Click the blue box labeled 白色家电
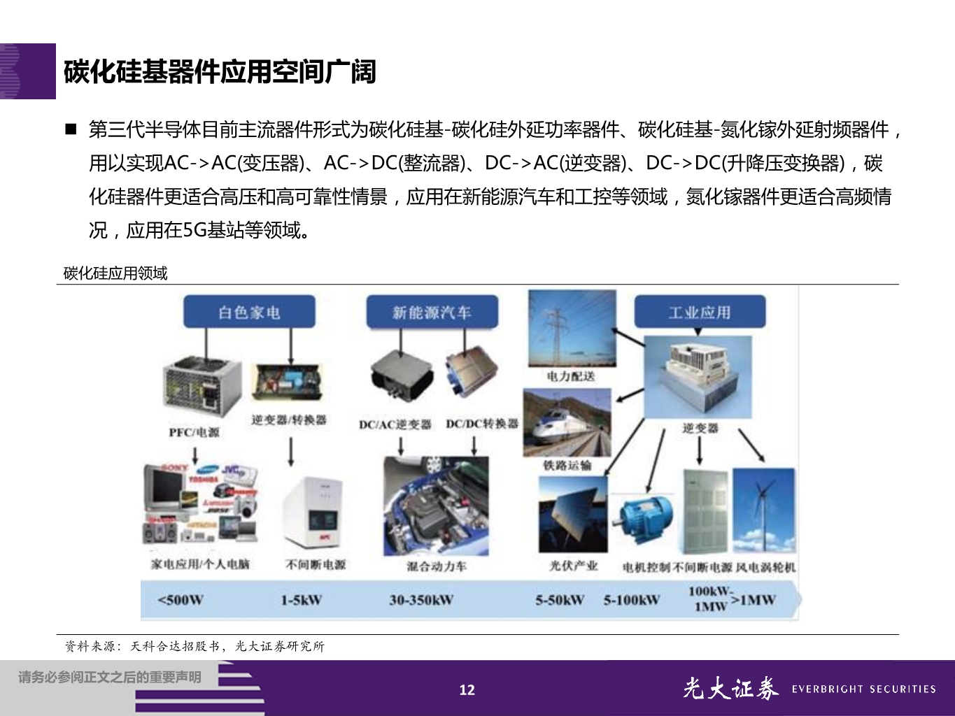coord(249,312)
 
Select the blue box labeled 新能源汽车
coord(432,312)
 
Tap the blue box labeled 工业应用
coord(700,312)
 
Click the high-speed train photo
coord(567,423)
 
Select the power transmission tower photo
coord(572,329)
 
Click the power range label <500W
coord(180,600)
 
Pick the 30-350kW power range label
coord(421,600)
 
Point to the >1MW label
coord(753,599)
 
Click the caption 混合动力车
coord(436,566)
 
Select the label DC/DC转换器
coord(482,424)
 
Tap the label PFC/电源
coord(194,432)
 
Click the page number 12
coord(467,689)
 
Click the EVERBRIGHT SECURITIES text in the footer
coord(863,689)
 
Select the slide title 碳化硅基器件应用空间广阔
coord(220,71)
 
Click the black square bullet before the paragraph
coord(71,129)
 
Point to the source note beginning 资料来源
coord(194,647)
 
